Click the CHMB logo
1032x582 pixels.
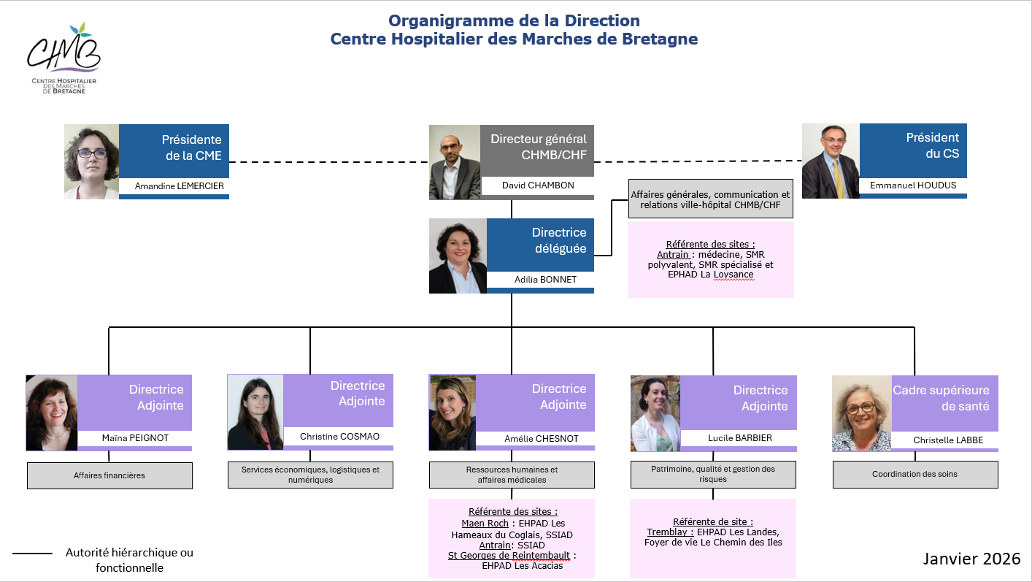pos(63,58)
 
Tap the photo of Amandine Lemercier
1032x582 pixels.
pos(92,161)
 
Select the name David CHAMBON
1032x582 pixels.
pos(537,185)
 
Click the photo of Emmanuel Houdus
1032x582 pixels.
pos(831,161)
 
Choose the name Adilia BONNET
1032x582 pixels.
pos(539,279)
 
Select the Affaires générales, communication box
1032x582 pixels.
pos(709,199)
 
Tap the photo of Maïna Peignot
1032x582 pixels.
pos(52,413)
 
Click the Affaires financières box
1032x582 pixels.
pos(109,475)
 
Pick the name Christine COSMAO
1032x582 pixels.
pos(339,436)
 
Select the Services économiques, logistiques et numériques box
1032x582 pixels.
pos(310,475)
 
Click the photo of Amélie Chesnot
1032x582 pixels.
pos(453,413)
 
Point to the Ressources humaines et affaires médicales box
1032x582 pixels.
pos(512,475)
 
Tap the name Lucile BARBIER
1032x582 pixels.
pos(739,438)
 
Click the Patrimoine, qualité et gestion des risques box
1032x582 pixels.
pos(713,474)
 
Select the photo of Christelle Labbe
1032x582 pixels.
pos(862,413)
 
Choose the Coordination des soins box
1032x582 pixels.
pos(914,474)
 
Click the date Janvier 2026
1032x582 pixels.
pos(971,559)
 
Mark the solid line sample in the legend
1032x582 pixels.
pos(33,554)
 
